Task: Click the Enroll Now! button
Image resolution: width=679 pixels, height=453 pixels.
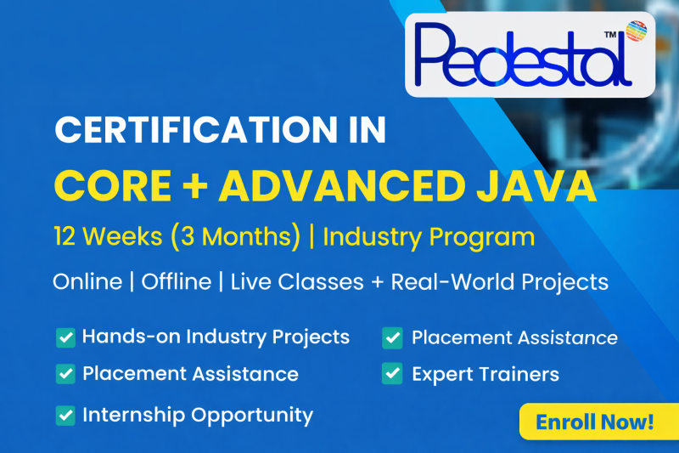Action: (594, 421)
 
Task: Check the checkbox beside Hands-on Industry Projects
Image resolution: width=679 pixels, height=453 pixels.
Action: (65, 337)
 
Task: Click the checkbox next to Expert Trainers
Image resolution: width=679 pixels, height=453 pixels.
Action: (392, 374)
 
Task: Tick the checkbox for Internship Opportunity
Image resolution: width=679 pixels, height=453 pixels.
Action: (65, 416)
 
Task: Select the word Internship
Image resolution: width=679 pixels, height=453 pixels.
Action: (132, 416)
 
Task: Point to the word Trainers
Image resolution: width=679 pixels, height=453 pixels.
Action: (519, 374)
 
